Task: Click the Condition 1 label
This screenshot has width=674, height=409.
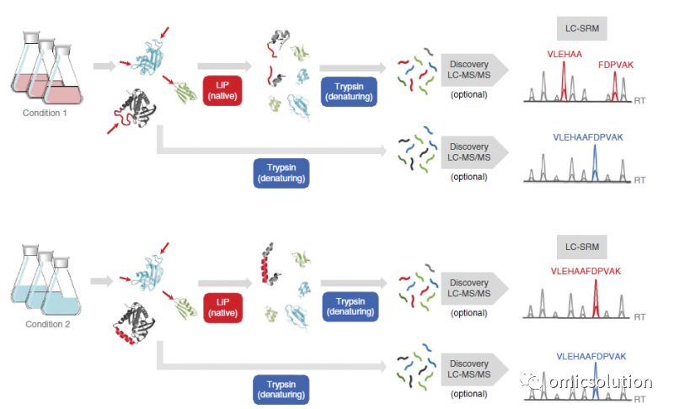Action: point(45,113)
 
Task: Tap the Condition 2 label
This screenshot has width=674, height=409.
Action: point(47,324)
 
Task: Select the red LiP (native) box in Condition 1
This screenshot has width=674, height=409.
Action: point(222,91)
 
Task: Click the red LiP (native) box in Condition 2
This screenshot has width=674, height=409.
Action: point(222,308)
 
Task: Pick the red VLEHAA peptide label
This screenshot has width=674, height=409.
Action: point(564,54)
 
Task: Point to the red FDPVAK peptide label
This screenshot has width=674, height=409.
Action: point(616,65)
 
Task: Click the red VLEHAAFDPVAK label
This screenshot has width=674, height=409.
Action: point(586,271)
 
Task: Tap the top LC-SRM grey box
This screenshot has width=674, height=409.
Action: point(582,29)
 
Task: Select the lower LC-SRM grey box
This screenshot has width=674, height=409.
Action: point(582,247)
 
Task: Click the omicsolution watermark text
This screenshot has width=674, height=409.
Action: point(601,381)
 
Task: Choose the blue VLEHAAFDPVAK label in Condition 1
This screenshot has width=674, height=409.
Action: point(587,137)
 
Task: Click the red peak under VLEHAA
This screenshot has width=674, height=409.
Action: point(564,82)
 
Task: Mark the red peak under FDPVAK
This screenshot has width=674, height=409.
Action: point(615,87)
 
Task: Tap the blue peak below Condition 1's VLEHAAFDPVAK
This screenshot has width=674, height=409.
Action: point(595,164)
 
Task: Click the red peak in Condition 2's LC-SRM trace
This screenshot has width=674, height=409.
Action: point(596,299)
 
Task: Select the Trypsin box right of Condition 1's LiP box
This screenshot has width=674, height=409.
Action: point(349,92)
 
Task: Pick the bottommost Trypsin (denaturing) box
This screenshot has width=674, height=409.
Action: point(281,390)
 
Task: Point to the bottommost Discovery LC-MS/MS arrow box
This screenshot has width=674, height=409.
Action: point(474,369)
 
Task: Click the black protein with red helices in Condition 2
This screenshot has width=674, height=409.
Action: point(134,324)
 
